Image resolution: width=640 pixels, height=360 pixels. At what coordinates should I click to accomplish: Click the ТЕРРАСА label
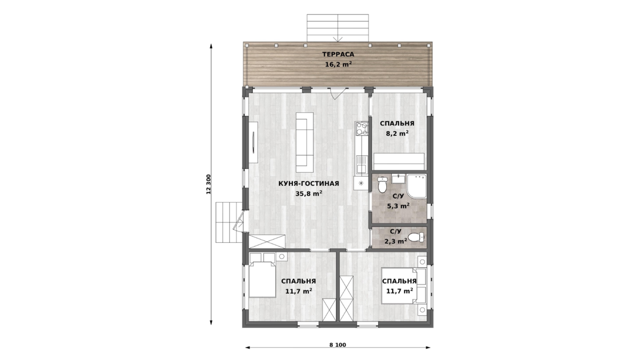pyautogui.click(x=338, y=54)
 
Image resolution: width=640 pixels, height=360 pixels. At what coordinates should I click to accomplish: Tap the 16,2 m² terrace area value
pyautogui.click(x=338, y=65)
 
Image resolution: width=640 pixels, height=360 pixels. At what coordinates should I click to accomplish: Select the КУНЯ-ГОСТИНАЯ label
pyautogui.click(x=309, y=183)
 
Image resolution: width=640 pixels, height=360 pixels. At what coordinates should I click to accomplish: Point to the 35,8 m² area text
pyautogui.click(x=309, y=194)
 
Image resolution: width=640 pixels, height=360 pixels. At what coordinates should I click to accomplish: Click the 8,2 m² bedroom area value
pyautogui.click(x=397, y=133)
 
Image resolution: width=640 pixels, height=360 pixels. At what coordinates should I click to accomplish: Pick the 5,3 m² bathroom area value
pyautogui.click(x=398, y=206)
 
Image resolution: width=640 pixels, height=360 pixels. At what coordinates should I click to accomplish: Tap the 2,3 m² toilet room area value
pyautogui.click(x=396, y=242)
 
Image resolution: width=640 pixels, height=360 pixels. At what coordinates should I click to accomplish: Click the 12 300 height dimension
pyautogui.click(x=209, y=185)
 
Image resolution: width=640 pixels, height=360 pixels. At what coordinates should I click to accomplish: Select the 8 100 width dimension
pyautogui.click(x=338, y=345)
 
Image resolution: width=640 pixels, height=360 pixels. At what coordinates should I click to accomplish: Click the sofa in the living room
pyautogui.click(x=305, y=142)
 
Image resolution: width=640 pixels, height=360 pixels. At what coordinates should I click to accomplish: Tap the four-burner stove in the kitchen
pyautogui.click(x=362, y=129)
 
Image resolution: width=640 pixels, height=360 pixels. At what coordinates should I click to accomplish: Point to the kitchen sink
pyautogui.click(x=362, y=165)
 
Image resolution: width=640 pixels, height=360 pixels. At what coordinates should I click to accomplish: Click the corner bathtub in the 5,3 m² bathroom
pyautogui.click(x=417, y=186)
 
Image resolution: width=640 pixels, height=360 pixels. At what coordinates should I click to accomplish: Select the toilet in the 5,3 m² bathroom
pyautogui.click(x=382, y=185)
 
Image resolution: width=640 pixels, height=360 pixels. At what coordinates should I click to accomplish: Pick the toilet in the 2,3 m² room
pyautogui.click(x=416, y=237)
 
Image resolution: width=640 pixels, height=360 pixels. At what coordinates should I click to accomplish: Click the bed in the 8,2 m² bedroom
pyautogui.click(x=399, y=162)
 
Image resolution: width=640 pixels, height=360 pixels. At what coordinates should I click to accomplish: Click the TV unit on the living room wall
pyautogui.click(x=253, y=142)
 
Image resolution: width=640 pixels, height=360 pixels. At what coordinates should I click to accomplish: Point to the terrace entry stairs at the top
pyautogui.click(x=338, y=28)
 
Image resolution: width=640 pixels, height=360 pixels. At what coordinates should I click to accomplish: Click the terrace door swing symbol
pyautogui.click(x=337, y=93)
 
